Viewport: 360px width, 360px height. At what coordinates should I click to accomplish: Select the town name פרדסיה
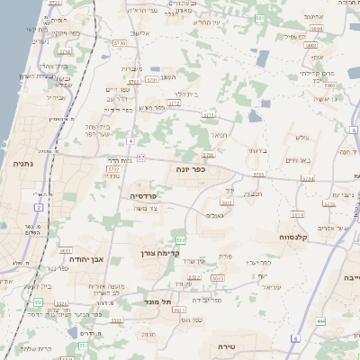[x=144, y=195]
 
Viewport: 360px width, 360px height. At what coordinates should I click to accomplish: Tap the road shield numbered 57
[x=141, y=158]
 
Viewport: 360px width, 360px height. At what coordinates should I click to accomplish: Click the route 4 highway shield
[x=130, y=141]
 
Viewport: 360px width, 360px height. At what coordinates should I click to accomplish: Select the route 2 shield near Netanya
[x=40, y=208]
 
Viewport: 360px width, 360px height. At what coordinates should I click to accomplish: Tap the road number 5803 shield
[x=311, y=43]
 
